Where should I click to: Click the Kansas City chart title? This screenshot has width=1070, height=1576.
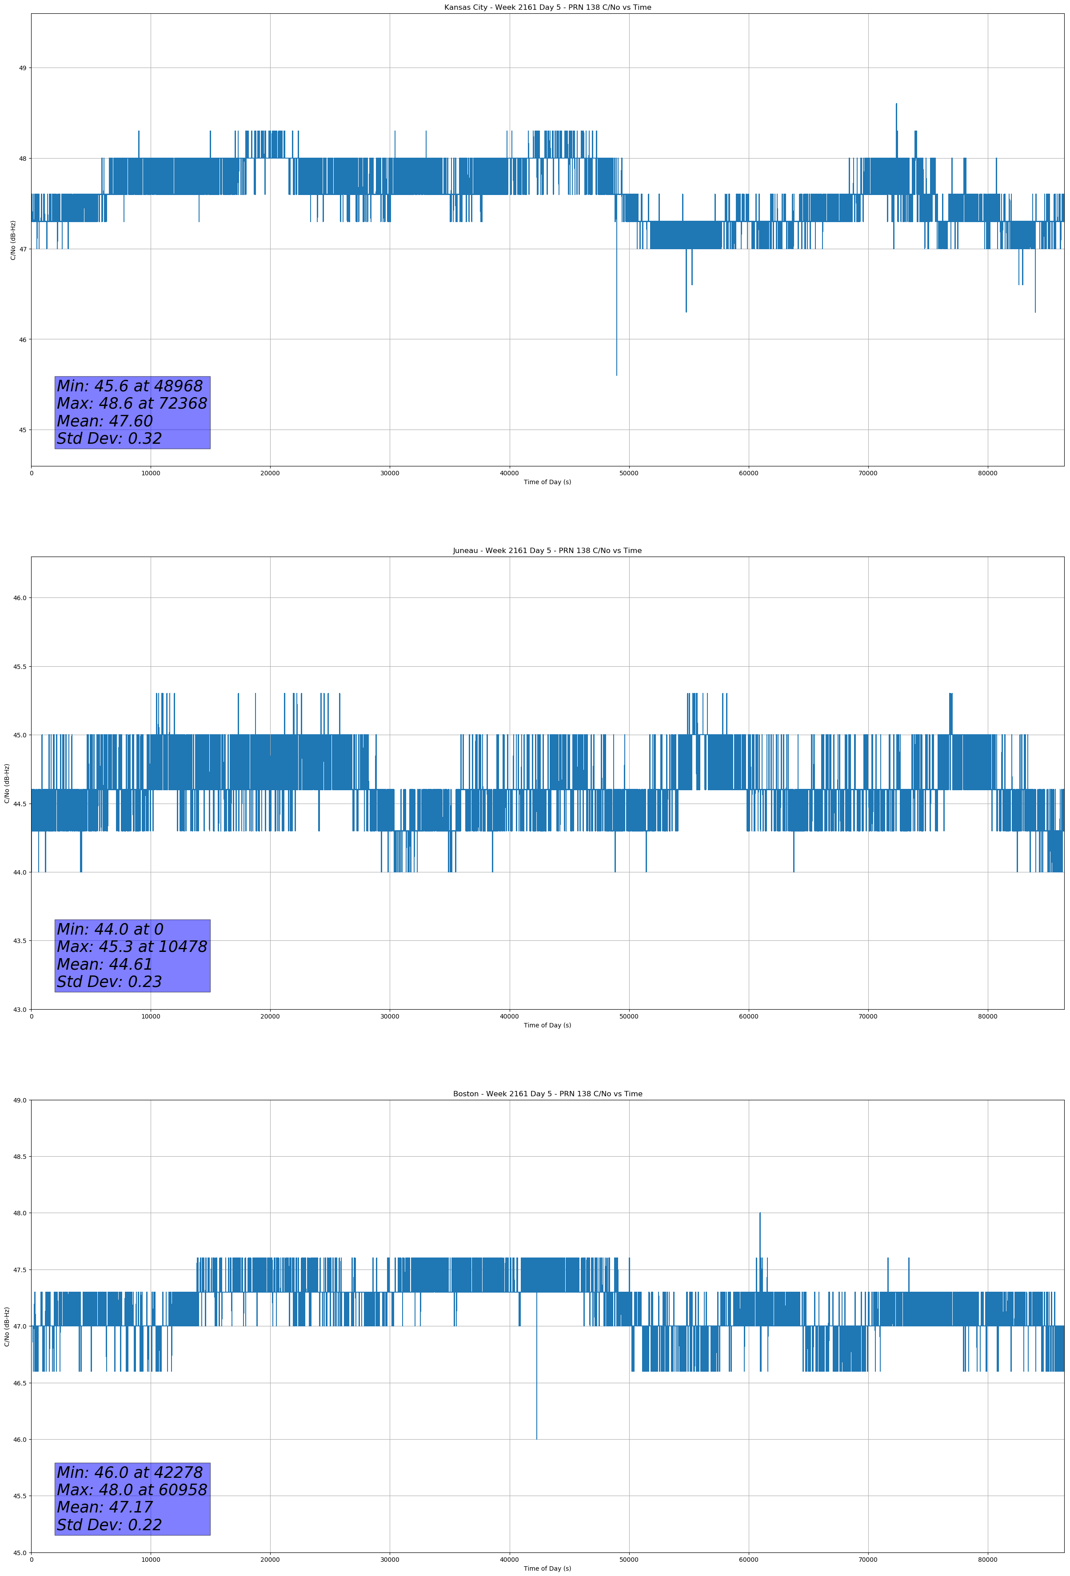547,8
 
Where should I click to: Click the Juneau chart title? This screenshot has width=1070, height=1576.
547,551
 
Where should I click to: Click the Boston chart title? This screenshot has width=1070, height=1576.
547,1094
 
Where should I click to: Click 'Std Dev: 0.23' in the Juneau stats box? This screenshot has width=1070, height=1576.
109,981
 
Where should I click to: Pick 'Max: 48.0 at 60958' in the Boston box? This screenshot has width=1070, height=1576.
132,1489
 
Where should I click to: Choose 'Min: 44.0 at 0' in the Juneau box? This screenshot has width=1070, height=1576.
110,929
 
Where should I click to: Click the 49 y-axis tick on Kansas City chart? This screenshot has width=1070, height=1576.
22,68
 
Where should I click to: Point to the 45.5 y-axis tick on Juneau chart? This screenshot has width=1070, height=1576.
20,667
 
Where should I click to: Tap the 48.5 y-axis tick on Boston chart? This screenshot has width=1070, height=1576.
20,1156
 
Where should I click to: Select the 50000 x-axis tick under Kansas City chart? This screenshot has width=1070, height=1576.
628,474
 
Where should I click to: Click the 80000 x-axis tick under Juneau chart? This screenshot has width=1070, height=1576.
987,1016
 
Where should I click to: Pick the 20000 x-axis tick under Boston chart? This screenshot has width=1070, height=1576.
270,1560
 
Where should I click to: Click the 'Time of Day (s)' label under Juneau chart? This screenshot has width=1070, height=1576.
547,1025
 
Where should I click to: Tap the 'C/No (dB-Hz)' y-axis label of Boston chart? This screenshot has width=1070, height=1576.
7,1326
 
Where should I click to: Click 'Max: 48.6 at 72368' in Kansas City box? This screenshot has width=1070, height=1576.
132,403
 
